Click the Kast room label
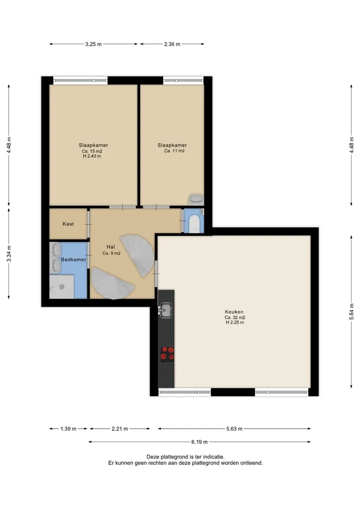68,224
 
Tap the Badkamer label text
73,260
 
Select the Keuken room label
234,312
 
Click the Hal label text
110,247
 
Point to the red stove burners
167,354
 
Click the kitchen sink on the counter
165,310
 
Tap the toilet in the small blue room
194,224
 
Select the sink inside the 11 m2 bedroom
196,199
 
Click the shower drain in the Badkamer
61,287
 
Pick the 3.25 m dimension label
93,44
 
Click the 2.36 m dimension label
172,44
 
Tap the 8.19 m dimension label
199,442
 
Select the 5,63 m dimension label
234,429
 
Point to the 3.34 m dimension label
9,254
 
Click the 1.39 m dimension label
68,429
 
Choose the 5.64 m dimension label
351,312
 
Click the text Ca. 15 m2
92,151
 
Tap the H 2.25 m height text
235,322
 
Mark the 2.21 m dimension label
119,429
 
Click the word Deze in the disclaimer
152,457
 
